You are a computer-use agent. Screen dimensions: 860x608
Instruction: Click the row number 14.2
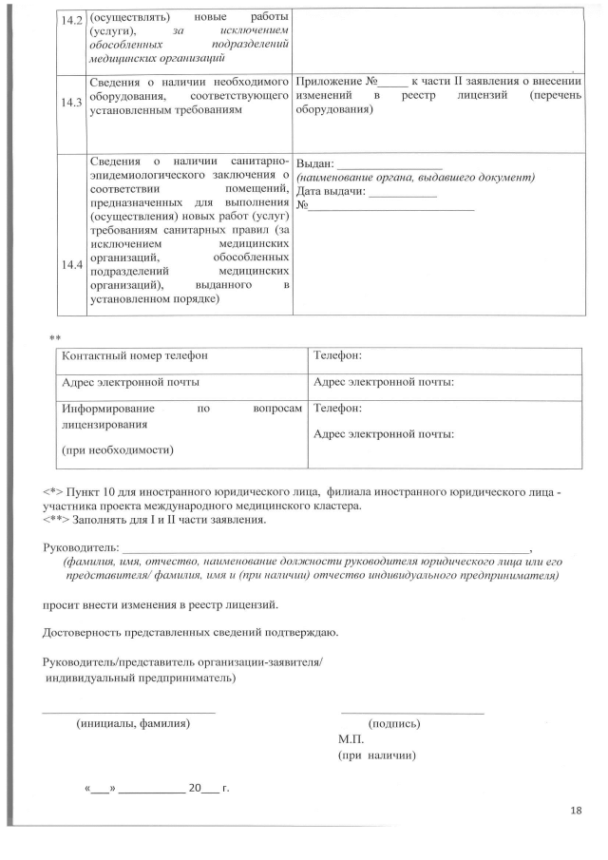tap(71, 20)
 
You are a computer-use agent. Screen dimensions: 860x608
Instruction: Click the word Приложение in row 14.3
tap(329, 83)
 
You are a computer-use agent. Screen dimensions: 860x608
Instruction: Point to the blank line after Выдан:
tap(390, 164)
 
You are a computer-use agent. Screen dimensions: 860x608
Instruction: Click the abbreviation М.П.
tap(351, 739)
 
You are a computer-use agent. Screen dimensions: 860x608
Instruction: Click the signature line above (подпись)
tap(411, 712)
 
